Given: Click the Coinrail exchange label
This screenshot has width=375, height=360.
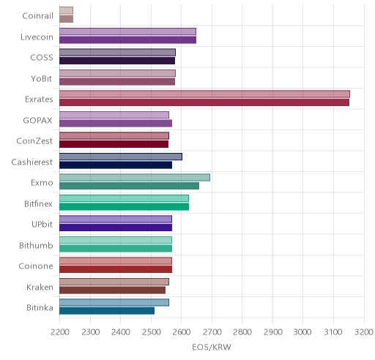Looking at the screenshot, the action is [37, 15].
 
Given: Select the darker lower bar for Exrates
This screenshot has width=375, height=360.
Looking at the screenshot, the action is [204, 102].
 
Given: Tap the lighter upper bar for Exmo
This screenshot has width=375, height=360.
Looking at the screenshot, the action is [135, 177].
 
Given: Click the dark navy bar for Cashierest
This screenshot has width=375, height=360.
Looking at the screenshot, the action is [116, 165].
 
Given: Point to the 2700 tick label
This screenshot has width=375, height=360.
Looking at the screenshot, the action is [212, 332].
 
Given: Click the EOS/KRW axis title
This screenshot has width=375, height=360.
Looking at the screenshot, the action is [212, 347].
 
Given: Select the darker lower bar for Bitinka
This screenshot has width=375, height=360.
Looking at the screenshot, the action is [107, 311].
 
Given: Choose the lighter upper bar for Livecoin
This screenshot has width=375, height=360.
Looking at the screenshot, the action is [127, 31].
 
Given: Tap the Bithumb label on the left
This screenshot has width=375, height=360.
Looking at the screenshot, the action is [36, 245].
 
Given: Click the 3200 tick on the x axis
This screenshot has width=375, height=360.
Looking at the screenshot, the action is [364, 332].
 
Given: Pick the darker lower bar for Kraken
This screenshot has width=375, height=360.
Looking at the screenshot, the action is [113, 290].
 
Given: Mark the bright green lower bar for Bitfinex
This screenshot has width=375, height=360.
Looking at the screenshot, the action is [125, 207].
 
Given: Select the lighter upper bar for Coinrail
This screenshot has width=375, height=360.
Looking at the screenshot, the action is [67, 10].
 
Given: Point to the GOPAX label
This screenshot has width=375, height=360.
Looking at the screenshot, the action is [37, 120].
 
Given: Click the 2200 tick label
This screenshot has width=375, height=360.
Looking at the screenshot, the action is [59, 332].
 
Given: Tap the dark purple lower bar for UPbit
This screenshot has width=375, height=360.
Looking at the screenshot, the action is [116, 228].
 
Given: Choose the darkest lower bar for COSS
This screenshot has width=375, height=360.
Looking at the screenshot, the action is [117, 61].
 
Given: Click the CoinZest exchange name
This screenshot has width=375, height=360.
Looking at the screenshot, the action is [34, 141].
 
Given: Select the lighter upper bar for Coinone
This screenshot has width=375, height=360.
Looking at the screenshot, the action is [116, 261].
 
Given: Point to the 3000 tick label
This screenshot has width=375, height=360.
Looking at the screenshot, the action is [302, 332].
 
